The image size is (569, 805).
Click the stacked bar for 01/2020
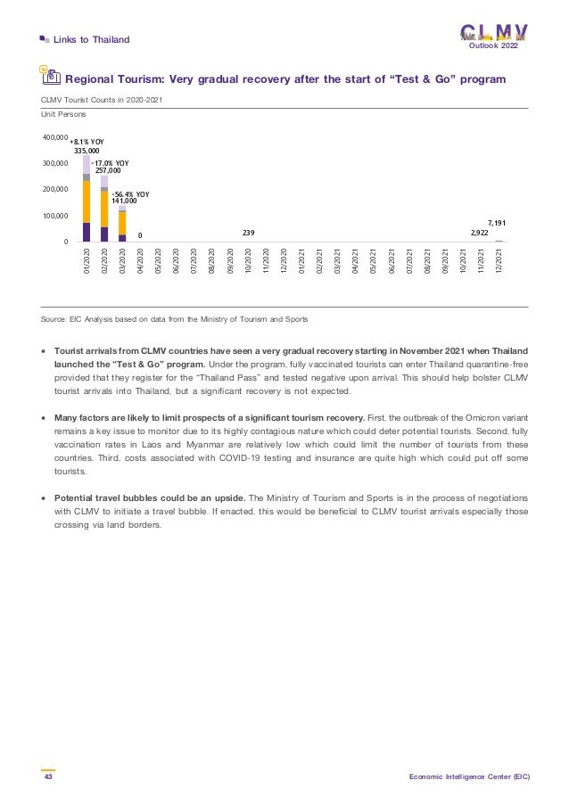(x=87, y=199)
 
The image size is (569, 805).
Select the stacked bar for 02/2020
(x=104, y=209)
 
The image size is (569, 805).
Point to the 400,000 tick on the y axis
(x=56, y=138)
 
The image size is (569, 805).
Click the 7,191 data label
(x=497, y=222)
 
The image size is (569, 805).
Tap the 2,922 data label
(x=479, y=233)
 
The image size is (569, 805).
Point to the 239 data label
(x=248, y=233)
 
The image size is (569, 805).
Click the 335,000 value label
(x=87, y=152)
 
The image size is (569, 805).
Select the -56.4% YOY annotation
(x=130, y=193)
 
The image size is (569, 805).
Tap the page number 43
(x=47, y=777)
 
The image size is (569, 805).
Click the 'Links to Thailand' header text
(x=92, y=39)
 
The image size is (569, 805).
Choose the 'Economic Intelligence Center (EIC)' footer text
(x=470, y=777)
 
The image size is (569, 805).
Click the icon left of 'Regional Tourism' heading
(x=51, y=78)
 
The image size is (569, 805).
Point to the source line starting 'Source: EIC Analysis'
(x=175, y=319)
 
